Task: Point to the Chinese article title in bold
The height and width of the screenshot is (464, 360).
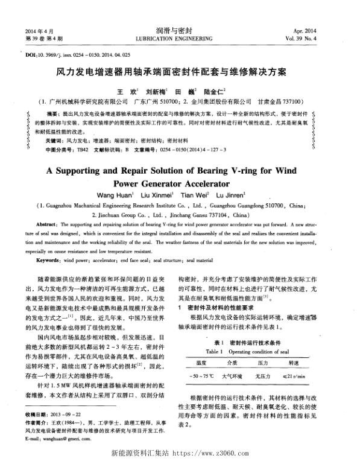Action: click(x=179, y=72)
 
